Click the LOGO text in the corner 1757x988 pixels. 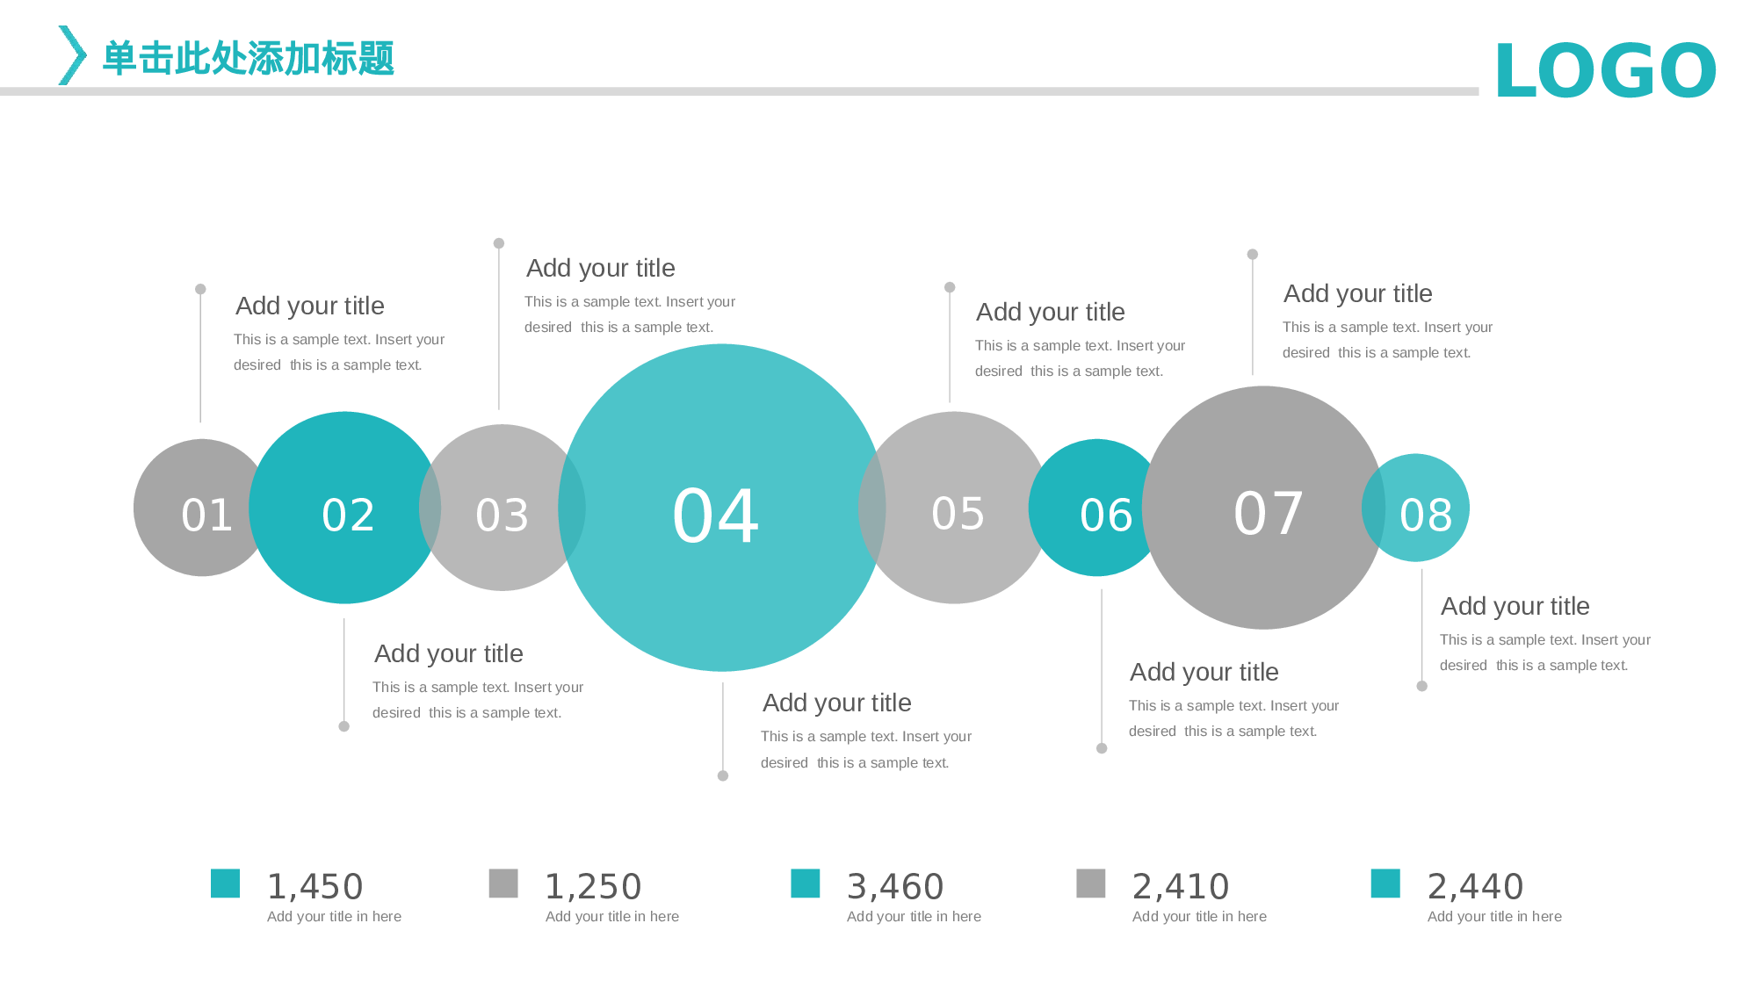point(1605,70)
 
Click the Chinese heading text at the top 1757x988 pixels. point(249,58)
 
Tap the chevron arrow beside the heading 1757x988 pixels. point(72,55)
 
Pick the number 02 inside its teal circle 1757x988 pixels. point(348,516)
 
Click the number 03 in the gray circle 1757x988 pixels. point(502,516)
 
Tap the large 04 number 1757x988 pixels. point(715,516)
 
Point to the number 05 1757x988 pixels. point(958,514)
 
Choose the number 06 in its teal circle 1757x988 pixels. point(1106,516)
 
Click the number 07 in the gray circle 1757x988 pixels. point(1268,514)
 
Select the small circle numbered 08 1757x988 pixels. point(1415,508)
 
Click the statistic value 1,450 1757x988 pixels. point(315,887)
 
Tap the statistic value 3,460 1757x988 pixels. point(895,887)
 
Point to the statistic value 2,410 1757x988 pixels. point(1181,887)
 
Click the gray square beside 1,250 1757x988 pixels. point(503,883)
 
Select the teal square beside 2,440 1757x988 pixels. point(1385,883)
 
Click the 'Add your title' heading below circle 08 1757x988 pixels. point(1515,606)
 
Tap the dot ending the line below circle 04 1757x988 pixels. point(723,775)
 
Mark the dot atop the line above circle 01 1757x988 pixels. point(200,289)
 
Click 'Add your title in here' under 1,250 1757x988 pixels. point(612,917)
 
